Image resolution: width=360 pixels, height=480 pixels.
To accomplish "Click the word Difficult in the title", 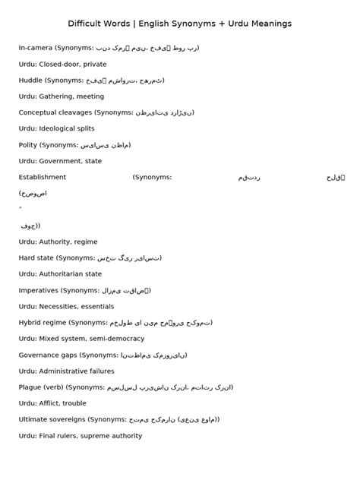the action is click(x=84, y=24).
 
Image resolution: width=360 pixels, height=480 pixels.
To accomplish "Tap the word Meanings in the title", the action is click(x=267, y=24).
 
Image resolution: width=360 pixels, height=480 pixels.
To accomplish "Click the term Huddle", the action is click(x=30, y=81).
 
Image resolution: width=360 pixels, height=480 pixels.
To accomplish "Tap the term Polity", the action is click(x=28, y=145).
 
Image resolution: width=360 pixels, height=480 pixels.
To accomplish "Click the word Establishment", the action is click(x=43, y=177).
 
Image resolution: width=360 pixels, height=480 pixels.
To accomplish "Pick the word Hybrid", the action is click(x=30, y=323).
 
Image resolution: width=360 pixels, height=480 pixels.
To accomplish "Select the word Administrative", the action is click(x=66, y=371).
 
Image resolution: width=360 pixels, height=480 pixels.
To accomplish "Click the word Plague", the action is click(x=30, y=387).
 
